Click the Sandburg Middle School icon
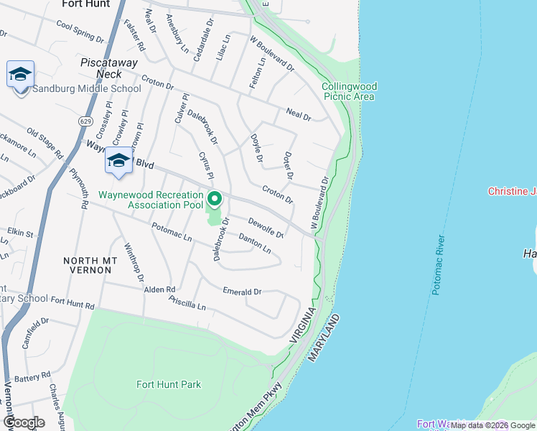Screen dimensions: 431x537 [x=21, y=75]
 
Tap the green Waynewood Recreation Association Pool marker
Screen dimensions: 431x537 [x=214, y=199]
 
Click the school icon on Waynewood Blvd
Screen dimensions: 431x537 [x=118, y=161]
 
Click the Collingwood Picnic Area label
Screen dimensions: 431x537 [x=350, y=91]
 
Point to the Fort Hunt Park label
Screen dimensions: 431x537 [x=169, y=384]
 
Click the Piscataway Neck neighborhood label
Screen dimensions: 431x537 [x=109, y=68]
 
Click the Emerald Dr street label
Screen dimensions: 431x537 [x=242, y=292]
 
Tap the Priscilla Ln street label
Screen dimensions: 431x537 [x=186, y=305]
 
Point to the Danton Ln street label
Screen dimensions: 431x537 [x=254, y=244]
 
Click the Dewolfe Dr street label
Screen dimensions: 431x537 [x=266, y=228]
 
